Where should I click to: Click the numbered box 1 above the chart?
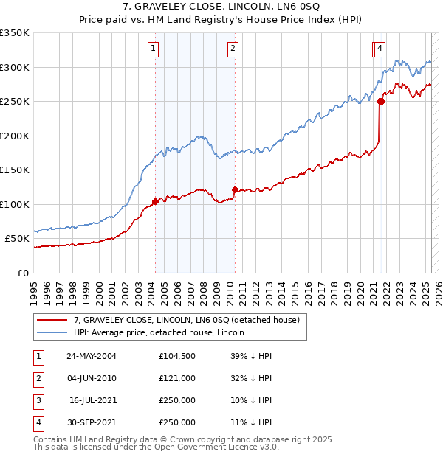[x=153, y=49]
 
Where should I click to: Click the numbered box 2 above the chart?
[x=233, y=49]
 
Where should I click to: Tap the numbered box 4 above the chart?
[x=380, y=49]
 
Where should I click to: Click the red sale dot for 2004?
[x=155, y=201]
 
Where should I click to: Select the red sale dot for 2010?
[x=235, y=190]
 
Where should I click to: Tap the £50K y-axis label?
[x=18, y=239]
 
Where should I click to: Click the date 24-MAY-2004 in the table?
[x=92, y=356]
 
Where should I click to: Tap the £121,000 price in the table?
[x=176, y=378]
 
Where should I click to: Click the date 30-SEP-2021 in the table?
[x=92, y=422]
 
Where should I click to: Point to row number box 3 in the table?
[x=38, y=400]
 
